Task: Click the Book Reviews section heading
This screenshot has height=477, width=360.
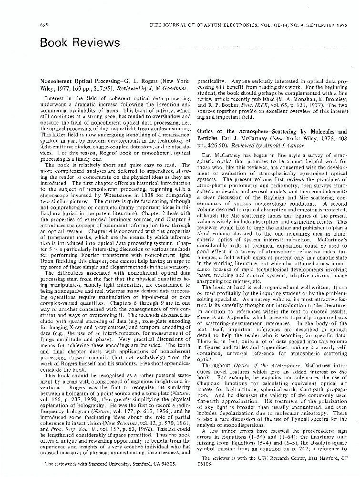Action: tap(79, 43)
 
